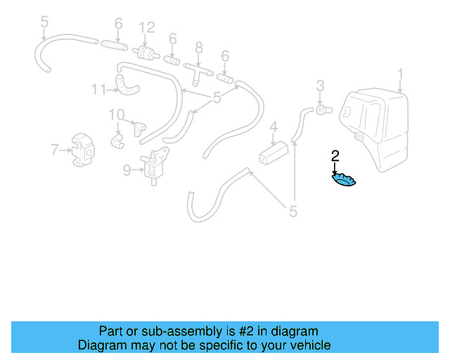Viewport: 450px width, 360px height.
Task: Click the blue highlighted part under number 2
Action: (344, 180)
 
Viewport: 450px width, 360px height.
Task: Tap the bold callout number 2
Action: (335, 156)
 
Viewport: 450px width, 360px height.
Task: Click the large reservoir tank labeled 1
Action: (373, 130)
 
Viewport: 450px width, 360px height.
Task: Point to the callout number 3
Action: (321, 86)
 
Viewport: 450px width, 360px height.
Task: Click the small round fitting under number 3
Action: (324, 110)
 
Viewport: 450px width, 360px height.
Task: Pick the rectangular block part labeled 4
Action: (274, 153)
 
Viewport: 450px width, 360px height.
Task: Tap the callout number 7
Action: (55, 150)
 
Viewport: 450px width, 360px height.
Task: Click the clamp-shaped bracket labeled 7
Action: (83, 150)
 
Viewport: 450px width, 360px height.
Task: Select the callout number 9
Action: (127, 170)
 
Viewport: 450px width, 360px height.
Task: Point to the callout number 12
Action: (147, 28)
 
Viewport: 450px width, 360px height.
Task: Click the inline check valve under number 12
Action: (146, 53)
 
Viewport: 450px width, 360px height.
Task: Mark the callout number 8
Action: (199, 48)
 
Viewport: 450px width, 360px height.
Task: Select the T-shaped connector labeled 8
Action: (198, 71)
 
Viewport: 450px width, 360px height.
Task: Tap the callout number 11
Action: (98, 89)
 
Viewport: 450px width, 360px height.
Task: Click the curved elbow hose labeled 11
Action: (127, 85)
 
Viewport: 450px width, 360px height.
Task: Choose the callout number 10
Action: (117, 115)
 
